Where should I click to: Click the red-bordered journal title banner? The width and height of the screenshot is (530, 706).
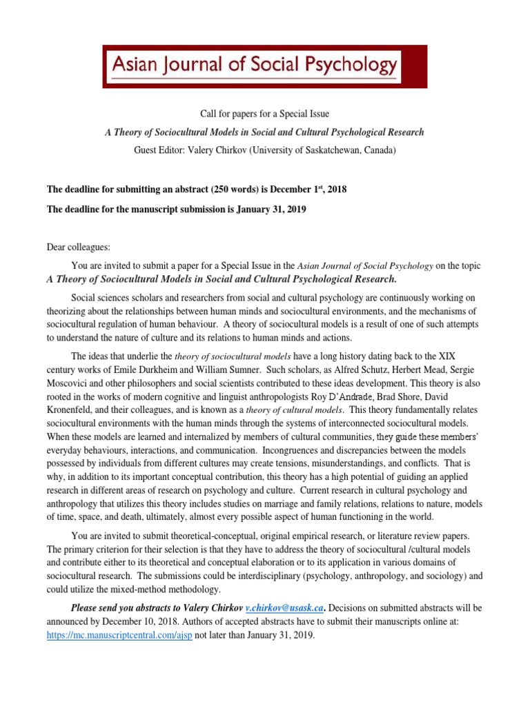265,67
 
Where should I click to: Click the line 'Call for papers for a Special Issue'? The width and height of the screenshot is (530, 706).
264,114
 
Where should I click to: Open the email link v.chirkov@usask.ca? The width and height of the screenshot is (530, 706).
285,609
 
